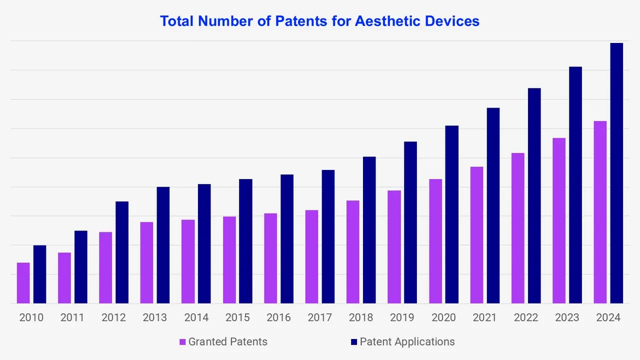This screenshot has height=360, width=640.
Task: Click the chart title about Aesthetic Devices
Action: [319, 21]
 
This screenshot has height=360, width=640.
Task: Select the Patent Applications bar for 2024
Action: [616, 173]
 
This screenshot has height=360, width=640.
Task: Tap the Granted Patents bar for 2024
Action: [600, 212]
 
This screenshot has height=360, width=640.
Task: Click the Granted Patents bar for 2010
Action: [23, 283]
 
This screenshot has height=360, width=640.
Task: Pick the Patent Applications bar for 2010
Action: [40, 274]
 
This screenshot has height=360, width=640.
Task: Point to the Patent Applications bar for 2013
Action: [163, 245]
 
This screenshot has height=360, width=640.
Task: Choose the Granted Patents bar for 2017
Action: [311, 256]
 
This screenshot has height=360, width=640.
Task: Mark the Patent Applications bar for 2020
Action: [452, 214]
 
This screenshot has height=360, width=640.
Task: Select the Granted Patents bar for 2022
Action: [517, 228]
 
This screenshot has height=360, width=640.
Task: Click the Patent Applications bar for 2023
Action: [575, 185]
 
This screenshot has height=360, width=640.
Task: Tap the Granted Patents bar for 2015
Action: [229, 260]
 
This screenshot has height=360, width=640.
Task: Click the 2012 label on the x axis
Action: [113, 317]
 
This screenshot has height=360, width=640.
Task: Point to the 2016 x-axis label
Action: [278, 317]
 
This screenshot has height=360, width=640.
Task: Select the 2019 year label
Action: [402, 317]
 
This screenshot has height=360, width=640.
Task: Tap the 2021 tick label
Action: [484, 317]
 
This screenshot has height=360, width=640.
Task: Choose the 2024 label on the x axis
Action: [608, 317]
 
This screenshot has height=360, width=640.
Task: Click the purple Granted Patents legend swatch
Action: [183, 342]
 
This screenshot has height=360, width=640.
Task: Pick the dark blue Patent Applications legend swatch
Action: [354, 342]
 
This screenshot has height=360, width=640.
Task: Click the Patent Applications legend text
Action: [407, 341]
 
